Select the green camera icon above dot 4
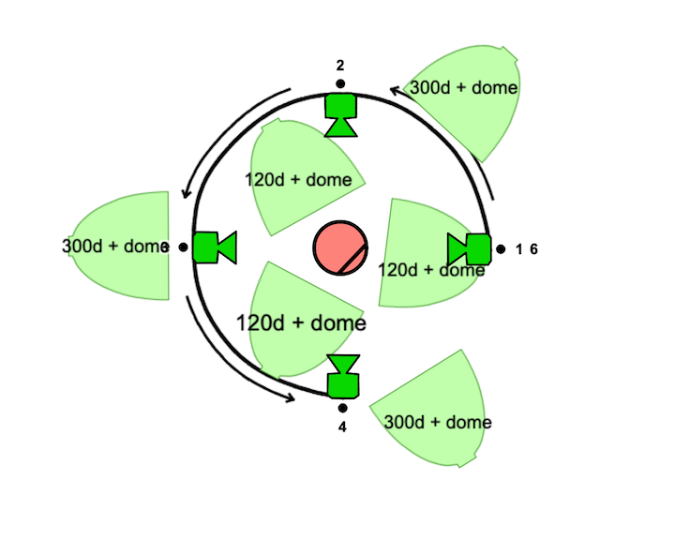[343, 377]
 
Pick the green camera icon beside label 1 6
[471, 249]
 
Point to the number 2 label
[340, 65]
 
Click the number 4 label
[343, 427]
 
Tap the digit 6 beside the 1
[533, 249]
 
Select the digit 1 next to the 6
[518, 249]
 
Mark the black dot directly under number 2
[340, 83]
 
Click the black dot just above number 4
[343, 408]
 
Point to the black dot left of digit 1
[502, 249]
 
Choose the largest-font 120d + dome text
[300, 323]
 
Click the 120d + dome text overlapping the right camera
[431, 270]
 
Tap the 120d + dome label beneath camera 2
[299, 179]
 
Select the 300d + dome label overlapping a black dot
[113, 247]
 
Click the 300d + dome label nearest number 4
[438, 422]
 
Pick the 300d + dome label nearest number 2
[465, 87]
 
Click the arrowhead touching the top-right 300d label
[397, 90]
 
